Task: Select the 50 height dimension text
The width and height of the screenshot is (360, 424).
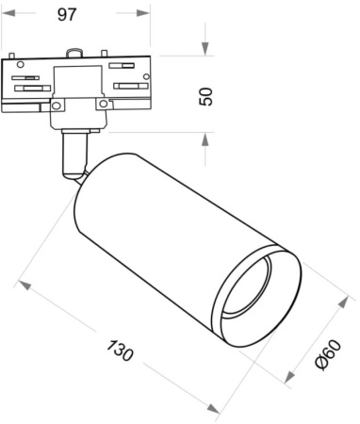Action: click(207, 94)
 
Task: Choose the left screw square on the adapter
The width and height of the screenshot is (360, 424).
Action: click(57, 106)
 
